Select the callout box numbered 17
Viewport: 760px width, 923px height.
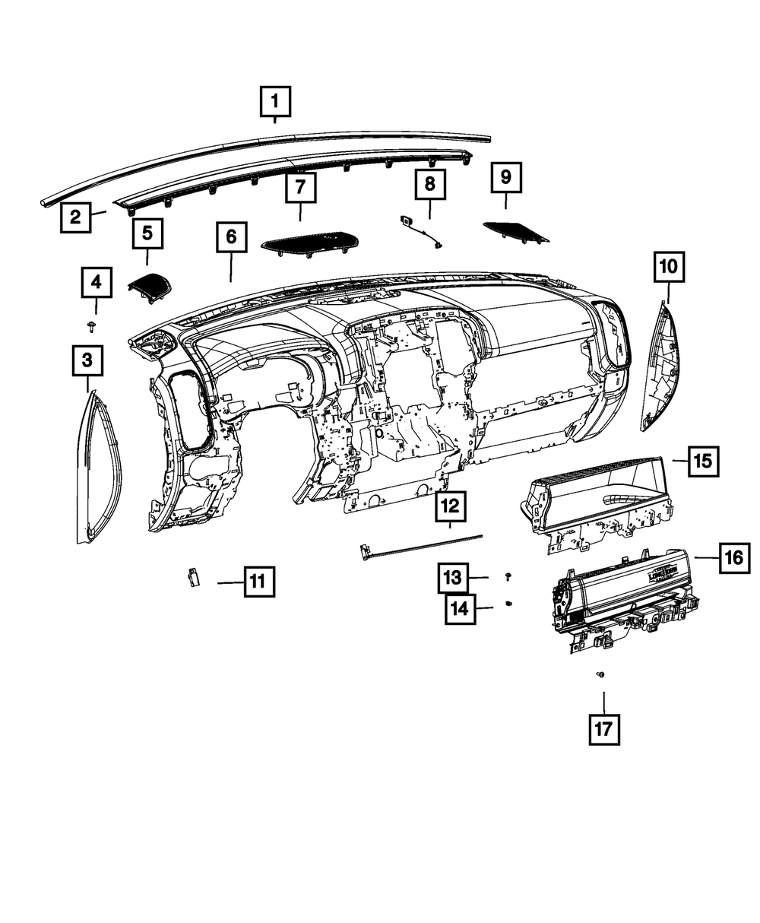click(603, 729)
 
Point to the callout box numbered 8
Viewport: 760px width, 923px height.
click(429, 184)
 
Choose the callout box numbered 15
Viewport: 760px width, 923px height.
click(703, 461)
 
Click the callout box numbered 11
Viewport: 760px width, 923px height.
click(258, 583)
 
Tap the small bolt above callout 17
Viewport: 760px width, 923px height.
click(601, 674)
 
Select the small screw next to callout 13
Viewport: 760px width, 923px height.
click(508, 578)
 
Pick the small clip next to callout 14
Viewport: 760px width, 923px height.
click(508, 604)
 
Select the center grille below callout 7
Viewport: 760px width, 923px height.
click(310, 243)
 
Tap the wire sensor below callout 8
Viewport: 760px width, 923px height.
click(422, 230)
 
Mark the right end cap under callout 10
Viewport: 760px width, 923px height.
click(660, 365)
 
